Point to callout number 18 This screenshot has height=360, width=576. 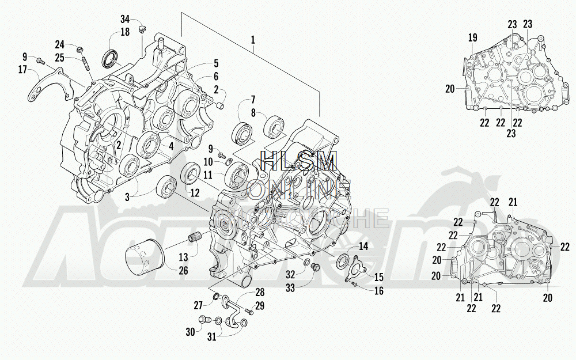click(x=125, y=32)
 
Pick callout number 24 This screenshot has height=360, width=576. click(x=60, y=45)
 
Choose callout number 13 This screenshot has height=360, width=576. click(x=183, y=257)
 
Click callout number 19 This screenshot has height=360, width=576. click(x=472, y=38)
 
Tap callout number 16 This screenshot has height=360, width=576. click(x=378, y=291)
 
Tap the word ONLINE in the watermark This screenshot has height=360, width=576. click(x=299, y=189)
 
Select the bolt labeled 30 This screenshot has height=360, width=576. click(x=203, y=320)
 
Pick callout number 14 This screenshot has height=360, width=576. click(x=363, y=246)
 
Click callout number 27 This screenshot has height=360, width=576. click(x=198, y=305)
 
